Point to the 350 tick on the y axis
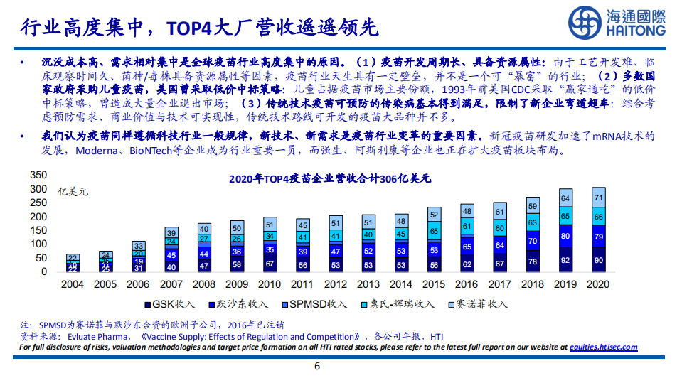point(38,176)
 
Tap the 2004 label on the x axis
point(72,284)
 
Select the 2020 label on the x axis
point(599,284)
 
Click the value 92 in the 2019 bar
point(565,261)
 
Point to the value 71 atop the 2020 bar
point(599,198)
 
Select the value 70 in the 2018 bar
point(533,241)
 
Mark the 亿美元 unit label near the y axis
point(73,190)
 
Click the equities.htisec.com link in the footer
point(603,347)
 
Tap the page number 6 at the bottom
point(317,367)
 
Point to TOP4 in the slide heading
point(187,28)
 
